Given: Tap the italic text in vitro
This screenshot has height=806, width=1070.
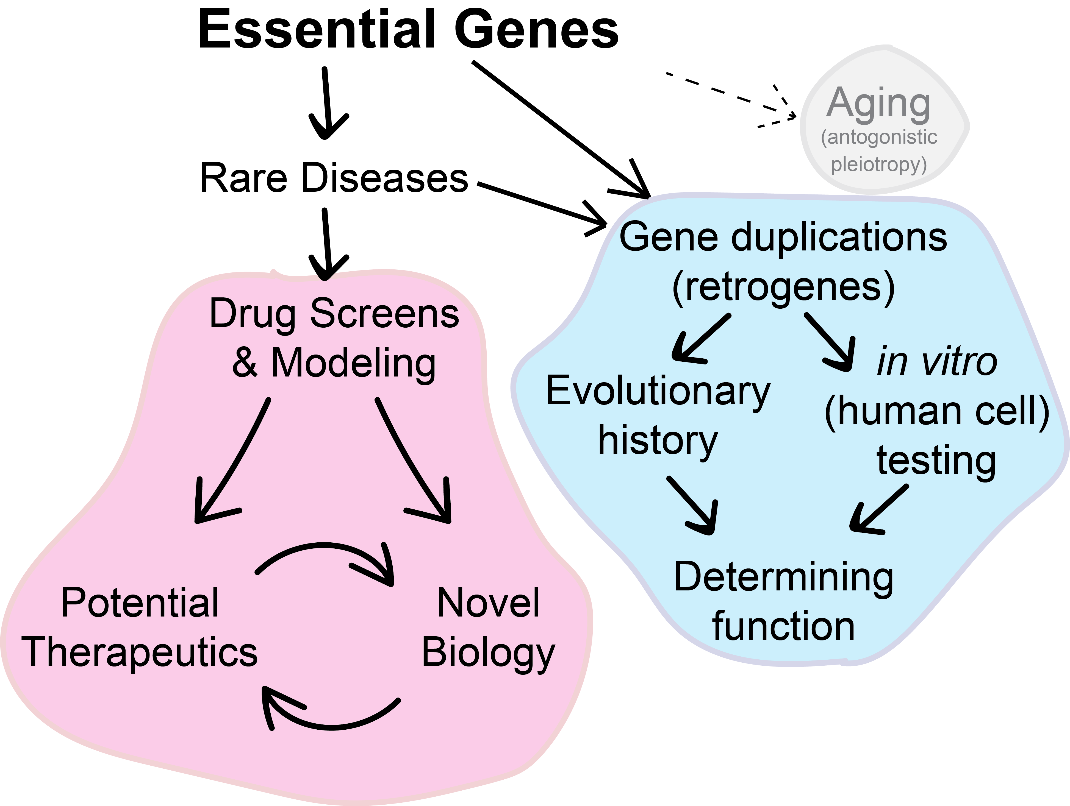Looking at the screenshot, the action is [937, 361].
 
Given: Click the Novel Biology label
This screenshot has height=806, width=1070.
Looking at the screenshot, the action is [489, 627].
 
